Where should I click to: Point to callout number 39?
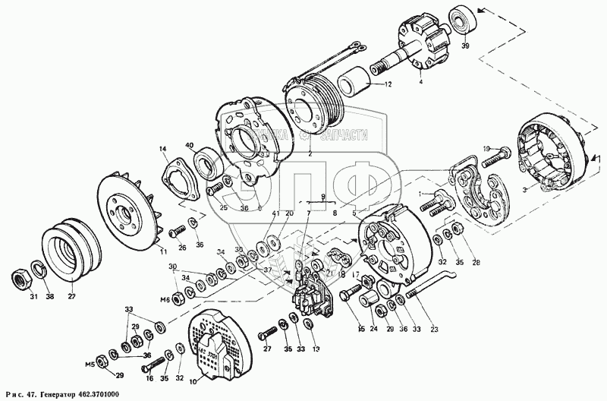tap(465, 46)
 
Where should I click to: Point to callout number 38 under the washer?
tap(51, 297)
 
